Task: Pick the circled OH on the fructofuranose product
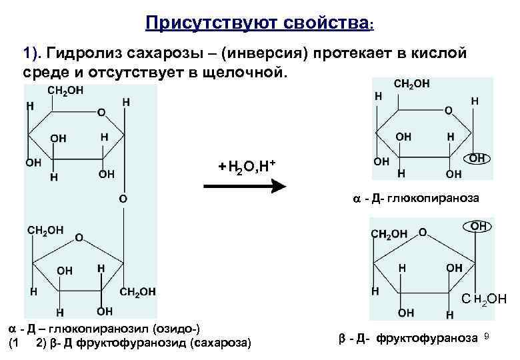pyautogui.click(x=478, y=227)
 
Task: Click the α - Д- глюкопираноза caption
pyautogui.click(x=415, y=199)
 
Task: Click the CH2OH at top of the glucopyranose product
pyautogui.click(x=412, y=84)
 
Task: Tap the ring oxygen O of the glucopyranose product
pyautogui.click(x=448, y=109)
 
